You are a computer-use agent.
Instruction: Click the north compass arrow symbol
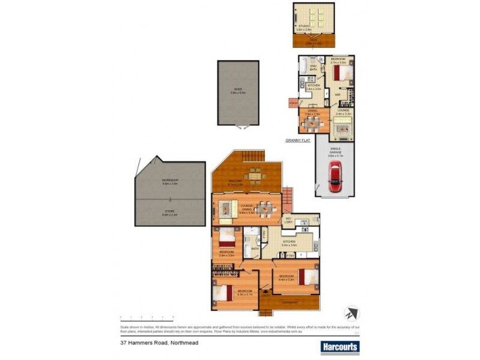pos(351,313)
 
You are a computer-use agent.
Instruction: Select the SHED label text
pos(238,91)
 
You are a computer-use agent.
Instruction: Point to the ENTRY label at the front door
pos(265,293)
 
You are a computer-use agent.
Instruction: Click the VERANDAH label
pos(289,302)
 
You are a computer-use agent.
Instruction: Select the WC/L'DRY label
pos(289,220)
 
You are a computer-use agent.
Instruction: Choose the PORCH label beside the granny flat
pos(293,103)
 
